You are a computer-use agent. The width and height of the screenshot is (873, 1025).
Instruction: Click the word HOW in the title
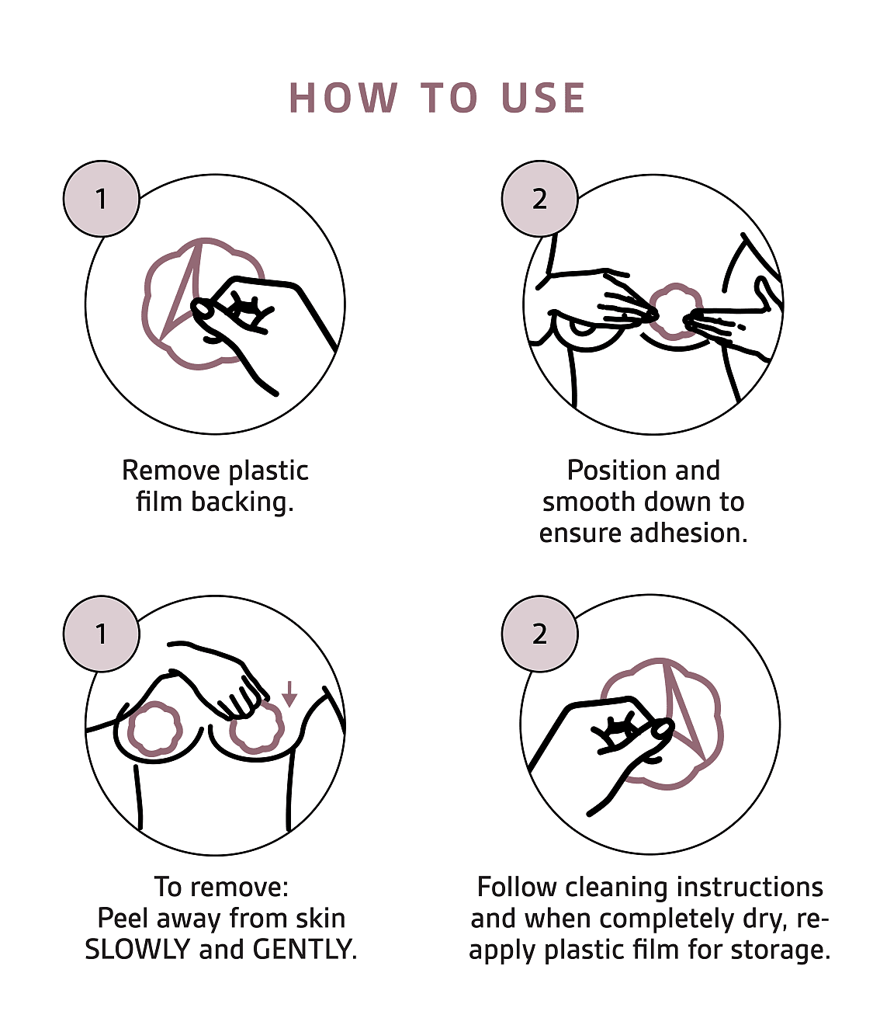click(343, 98)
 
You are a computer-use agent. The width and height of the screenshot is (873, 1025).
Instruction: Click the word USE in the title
click(543, 98)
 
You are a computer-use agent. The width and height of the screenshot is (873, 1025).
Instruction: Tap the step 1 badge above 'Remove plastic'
click(102, 198)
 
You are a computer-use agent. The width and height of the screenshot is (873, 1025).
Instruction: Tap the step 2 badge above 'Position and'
click(539, 198)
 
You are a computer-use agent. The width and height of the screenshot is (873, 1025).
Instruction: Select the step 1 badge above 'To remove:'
click(102, 634)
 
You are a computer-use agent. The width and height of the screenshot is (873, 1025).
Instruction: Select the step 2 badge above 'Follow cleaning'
click(539, 634)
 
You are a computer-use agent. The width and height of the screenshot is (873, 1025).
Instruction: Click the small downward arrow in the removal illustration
click(289, 693)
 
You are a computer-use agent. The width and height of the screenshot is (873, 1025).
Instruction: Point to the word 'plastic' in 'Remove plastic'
click(268, 471)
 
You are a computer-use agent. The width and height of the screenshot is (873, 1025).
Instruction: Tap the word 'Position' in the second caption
click(611, 471)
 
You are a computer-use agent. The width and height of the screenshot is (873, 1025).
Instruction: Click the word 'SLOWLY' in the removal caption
click(137, 950)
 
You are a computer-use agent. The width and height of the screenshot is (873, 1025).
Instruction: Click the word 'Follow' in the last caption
click(518, 888)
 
